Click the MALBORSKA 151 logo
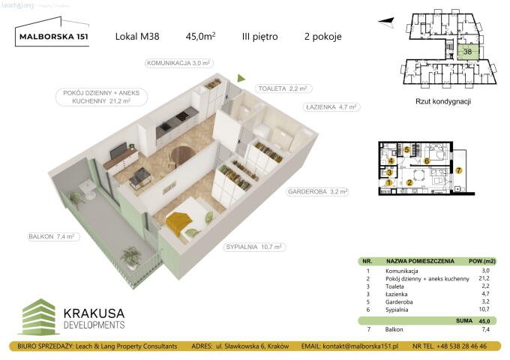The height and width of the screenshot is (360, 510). [52, 35]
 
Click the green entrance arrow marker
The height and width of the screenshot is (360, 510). [241, 76]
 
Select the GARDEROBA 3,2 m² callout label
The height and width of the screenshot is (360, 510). [317, 192]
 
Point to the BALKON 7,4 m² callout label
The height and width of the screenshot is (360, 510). [51, 237]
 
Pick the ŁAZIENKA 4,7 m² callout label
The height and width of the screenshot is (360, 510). [332, 107]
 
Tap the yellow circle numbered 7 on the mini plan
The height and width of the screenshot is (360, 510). [459, 170]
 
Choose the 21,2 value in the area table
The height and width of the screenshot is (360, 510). [484, 278]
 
